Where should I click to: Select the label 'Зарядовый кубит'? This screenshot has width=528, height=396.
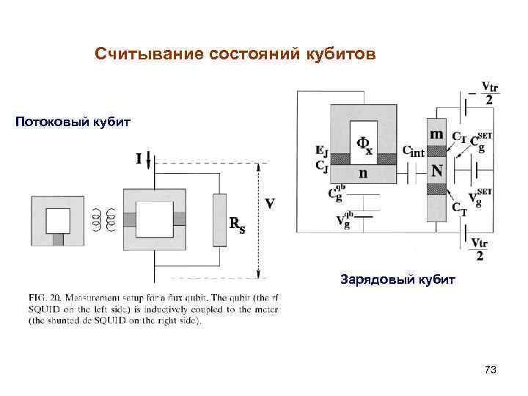tap(398, 279)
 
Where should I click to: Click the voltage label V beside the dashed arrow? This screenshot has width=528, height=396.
tap(271, 203)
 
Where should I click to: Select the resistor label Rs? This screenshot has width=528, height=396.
tap(238, 224)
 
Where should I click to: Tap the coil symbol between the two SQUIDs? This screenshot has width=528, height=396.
tap(103, 219)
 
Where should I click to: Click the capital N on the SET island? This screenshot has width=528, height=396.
tap(437, 171)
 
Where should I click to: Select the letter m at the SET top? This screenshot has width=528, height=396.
tap(436, 133)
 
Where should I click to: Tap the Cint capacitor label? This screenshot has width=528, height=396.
tap(414, 151)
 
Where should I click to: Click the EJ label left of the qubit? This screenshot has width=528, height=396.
tap(321, 153)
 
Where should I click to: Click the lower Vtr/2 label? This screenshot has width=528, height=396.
tap(480, 249)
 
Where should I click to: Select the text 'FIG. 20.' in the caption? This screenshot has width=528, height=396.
tap(45, 298)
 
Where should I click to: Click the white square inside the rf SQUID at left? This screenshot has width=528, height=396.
tap(57, 219)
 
